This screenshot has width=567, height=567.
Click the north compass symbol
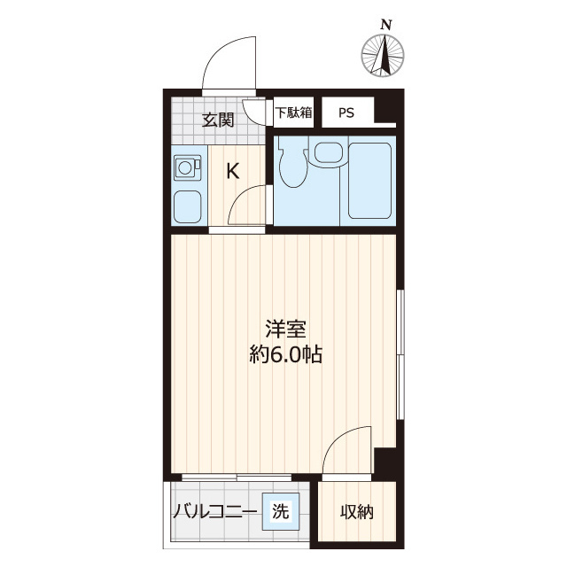pos(384,55)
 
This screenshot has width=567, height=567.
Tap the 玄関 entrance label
pos(217,120)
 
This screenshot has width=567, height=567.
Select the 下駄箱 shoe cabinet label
pos(293,113)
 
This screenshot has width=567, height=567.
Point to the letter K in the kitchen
pos(232,171)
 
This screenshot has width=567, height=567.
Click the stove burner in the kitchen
pos(187,166)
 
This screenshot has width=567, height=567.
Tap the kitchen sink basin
pos(187,207)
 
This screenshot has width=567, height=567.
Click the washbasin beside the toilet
pos(327,154)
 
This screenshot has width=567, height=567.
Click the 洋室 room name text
pos(285,330)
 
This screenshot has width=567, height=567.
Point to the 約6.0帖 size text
pos(285,355)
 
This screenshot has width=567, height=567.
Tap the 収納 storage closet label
pos(357,512)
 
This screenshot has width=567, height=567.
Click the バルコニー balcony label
pos(214,512)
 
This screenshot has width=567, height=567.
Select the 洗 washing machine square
pos(280,511)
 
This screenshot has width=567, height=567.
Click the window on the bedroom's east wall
pos(400,354)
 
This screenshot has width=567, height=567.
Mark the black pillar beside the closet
pos(384,462)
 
